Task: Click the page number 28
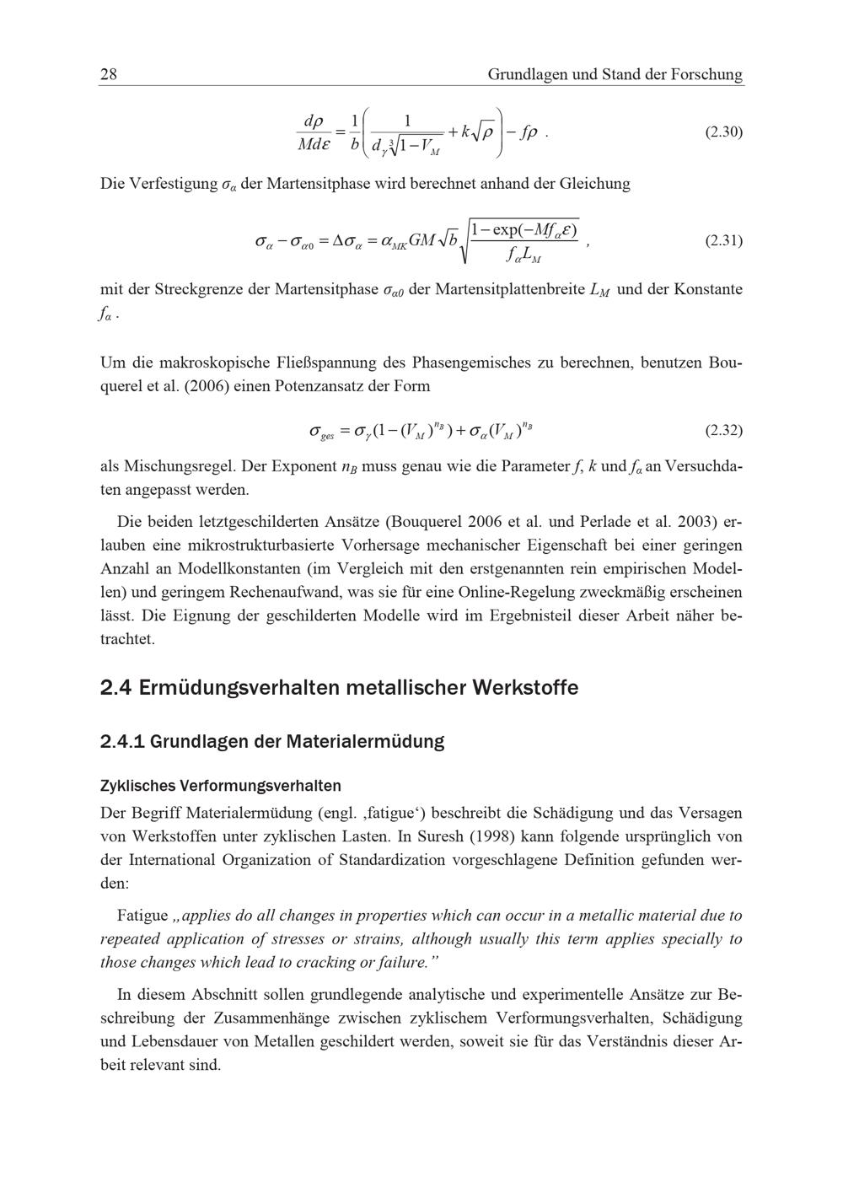click(109, 74)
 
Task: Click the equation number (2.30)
click(723, 132)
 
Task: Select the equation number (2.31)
click(723, 240)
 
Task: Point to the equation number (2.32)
click(723, 431)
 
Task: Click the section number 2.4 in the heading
click(115, 688)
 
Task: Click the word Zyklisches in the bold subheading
click(135, 786)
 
